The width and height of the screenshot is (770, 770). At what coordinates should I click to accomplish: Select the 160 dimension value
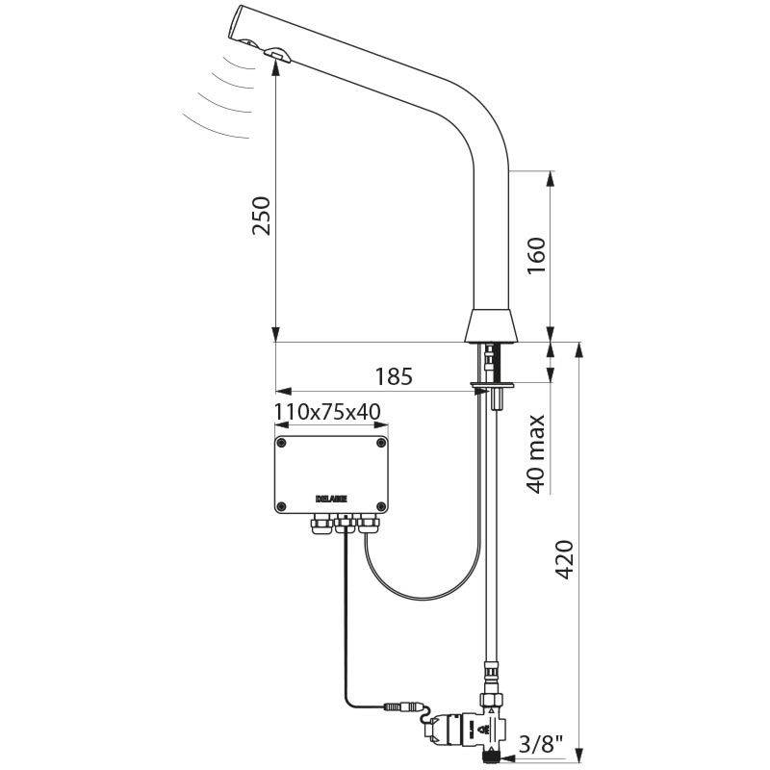536,255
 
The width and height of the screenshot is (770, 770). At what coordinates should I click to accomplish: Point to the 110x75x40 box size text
327,412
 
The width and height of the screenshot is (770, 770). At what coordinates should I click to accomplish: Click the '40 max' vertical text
536,453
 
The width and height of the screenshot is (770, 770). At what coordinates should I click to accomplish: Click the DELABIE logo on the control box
330,499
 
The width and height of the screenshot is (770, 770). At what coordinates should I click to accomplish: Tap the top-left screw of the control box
282,443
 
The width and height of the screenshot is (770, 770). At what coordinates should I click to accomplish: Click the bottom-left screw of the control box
282,507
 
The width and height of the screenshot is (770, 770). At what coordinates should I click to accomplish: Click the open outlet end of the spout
241,22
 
